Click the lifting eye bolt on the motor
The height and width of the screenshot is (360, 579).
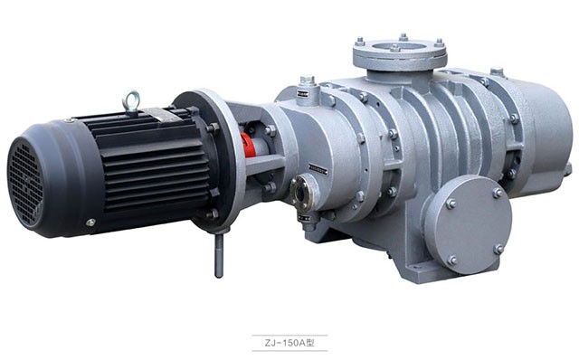[132, 100]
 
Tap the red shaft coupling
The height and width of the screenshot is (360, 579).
[247, 145]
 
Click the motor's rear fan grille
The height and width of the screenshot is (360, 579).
[25, 184]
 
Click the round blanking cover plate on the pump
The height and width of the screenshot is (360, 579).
[468, 225]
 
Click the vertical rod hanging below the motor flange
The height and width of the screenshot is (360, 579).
[219, 255]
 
